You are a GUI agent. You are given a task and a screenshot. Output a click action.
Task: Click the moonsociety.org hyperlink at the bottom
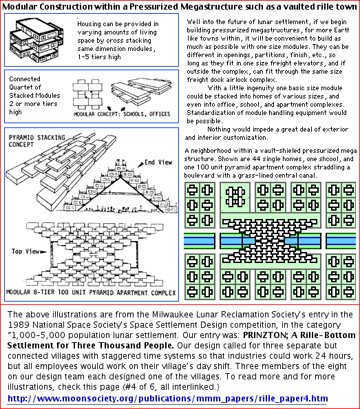pos(168,399)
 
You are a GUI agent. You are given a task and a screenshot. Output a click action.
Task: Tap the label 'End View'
pos(158,162)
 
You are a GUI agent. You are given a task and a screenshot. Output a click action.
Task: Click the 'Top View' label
pos(25,251)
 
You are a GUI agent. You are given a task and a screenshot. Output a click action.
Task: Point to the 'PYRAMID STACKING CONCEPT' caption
pos(36,141)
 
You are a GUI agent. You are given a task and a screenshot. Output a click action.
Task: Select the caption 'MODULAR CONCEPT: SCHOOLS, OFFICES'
pos(122,114)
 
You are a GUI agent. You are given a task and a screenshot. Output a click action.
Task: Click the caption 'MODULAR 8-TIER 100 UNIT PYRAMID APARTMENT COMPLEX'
pos(91,293)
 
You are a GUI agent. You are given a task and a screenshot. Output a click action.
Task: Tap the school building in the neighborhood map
pos(235,197)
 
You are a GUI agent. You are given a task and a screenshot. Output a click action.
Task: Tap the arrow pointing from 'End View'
pos(140,165)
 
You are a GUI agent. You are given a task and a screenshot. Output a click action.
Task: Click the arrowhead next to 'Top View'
pos(43,252)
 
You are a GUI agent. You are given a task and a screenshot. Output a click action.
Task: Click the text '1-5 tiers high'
pos(99,57)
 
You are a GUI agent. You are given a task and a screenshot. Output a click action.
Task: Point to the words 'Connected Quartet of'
pos(25,83)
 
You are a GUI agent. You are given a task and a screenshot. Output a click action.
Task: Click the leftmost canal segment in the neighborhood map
pos(200,241)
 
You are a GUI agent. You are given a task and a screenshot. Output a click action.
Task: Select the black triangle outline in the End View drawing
pos(120,194)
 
